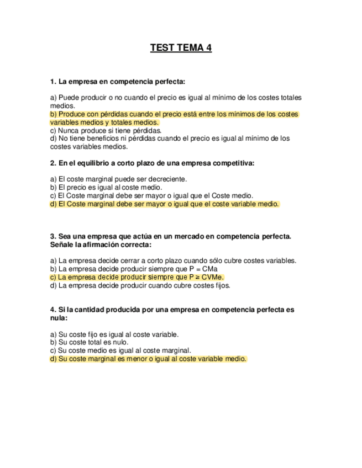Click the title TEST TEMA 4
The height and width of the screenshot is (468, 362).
[181, 48]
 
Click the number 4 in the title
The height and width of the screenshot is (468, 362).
[208, 48]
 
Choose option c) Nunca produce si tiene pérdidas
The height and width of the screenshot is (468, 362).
[106, 131]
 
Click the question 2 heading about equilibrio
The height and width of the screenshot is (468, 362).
[152, 163]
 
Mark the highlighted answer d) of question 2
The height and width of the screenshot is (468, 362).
[165, 204]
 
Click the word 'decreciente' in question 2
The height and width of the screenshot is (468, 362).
[169, 179]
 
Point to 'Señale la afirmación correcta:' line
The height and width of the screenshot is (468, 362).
[101, 244]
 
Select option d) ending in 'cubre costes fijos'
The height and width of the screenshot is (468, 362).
[140, 285]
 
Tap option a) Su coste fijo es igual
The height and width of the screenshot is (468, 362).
[114, 334]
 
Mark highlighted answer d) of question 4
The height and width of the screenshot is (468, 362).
[148, 359]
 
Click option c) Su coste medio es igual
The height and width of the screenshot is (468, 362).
[120, 350]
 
